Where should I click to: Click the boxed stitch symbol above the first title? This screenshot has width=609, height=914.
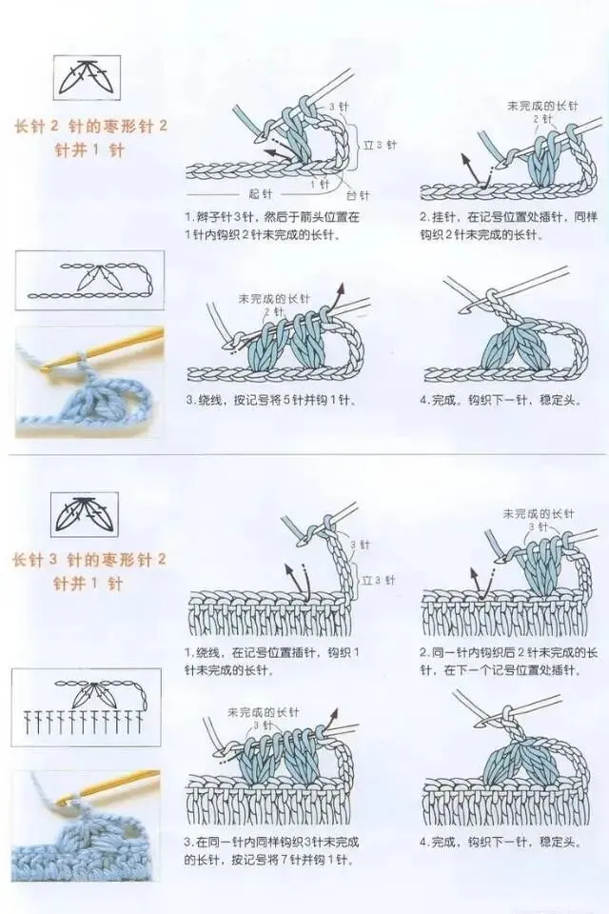pos(87,77)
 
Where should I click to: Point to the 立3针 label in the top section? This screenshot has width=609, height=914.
pos(380,145)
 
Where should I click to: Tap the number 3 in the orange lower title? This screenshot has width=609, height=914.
pos(52,560)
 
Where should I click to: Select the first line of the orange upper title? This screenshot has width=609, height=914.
pos(90,126)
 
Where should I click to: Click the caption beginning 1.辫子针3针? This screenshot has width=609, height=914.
pos(273,227)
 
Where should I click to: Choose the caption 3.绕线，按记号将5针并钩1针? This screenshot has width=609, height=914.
pos(270,401)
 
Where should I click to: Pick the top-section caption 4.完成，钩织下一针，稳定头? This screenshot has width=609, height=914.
pos(501,401)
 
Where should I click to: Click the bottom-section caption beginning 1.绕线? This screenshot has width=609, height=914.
pos(272,661)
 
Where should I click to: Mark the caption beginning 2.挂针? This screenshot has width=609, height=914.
pos(509,227)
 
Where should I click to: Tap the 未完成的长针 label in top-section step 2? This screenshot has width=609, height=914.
pos(542,106)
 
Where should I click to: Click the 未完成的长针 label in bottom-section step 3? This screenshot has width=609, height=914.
pos(263,712)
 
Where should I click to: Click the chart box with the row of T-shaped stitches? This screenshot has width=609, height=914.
pos(87,707)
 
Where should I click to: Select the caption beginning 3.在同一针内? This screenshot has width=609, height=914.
pos(271,851)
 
